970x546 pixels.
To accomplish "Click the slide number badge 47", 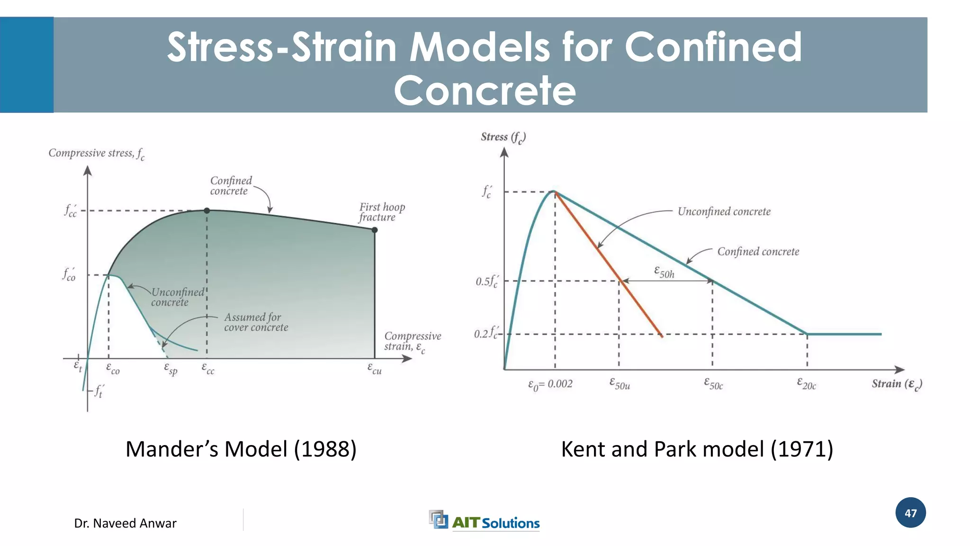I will pyautogui.click(x=910, y=513).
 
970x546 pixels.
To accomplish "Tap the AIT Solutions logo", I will pyautogui.click(x=485, y=521).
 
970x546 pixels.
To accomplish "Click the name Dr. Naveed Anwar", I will pyautogui.click(x=125, y=523).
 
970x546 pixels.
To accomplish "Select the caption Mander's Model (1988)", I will pyautogui.click(x=241, y=449).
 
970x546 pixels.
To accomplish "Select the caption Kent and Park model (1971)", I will pyautogui.click(x=697, y=449).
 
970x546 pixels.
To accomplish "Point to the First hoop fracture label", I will pyautogui.click(x=382, y=212).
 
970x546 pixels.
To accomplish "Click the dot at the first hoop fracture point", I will pyautogui.click(x=375, y=230).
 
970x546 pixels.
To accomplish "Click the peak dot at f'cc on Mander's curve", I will pyautogui.click(x=207, y=210).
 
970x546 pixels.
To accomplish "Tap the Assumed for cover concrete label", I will pyautogui.click(x=256, y=322).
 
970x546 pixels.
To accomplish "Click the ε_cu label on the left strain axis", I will pyautogui.click(x=375, y=368).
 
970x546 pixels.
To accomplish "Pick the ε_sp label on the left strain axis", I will pyautogui.click(x=171, y=368).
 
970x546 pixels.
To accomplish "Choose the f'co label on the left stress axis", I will pyautogui.click(x=69, y=274).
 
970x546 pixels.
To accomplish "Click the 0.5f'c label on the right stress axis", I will pyautogui.click(x=486, y=282).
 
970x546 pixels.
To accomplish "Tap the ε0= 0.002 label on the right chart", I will pyautogui.click(x=550, y=384).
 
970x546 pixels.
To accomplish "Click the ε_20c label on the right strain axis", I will pyautogui.click(x=807, y=383).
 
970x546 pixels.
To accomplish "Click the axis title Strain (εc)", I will pyautogui.click(x=897, y=384).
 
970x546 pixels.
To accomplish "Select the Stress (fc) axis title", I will pyautogui.click(x=503, y=137).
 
